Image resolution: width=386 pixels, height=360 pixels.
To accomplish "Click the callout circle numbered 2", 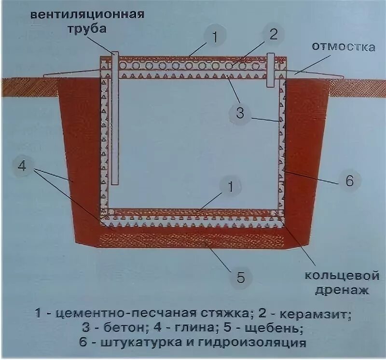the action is tap(273, 35).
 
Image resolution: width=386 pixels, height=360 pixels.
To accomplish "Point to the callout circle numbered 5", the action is tap(240, 277).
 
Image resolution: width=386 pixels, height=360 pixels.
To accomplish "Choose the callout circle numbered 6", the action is tap(350, 181).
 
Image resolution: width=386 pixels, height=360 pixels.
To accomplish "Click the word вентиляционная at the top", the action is tap(87, 14).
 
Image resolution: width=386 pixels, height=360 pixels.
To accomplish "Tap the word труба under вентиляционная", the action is tap(88, 28).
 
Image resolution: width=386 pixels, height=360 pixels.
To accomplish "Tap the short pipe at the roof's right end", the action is tap(271, 69).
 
